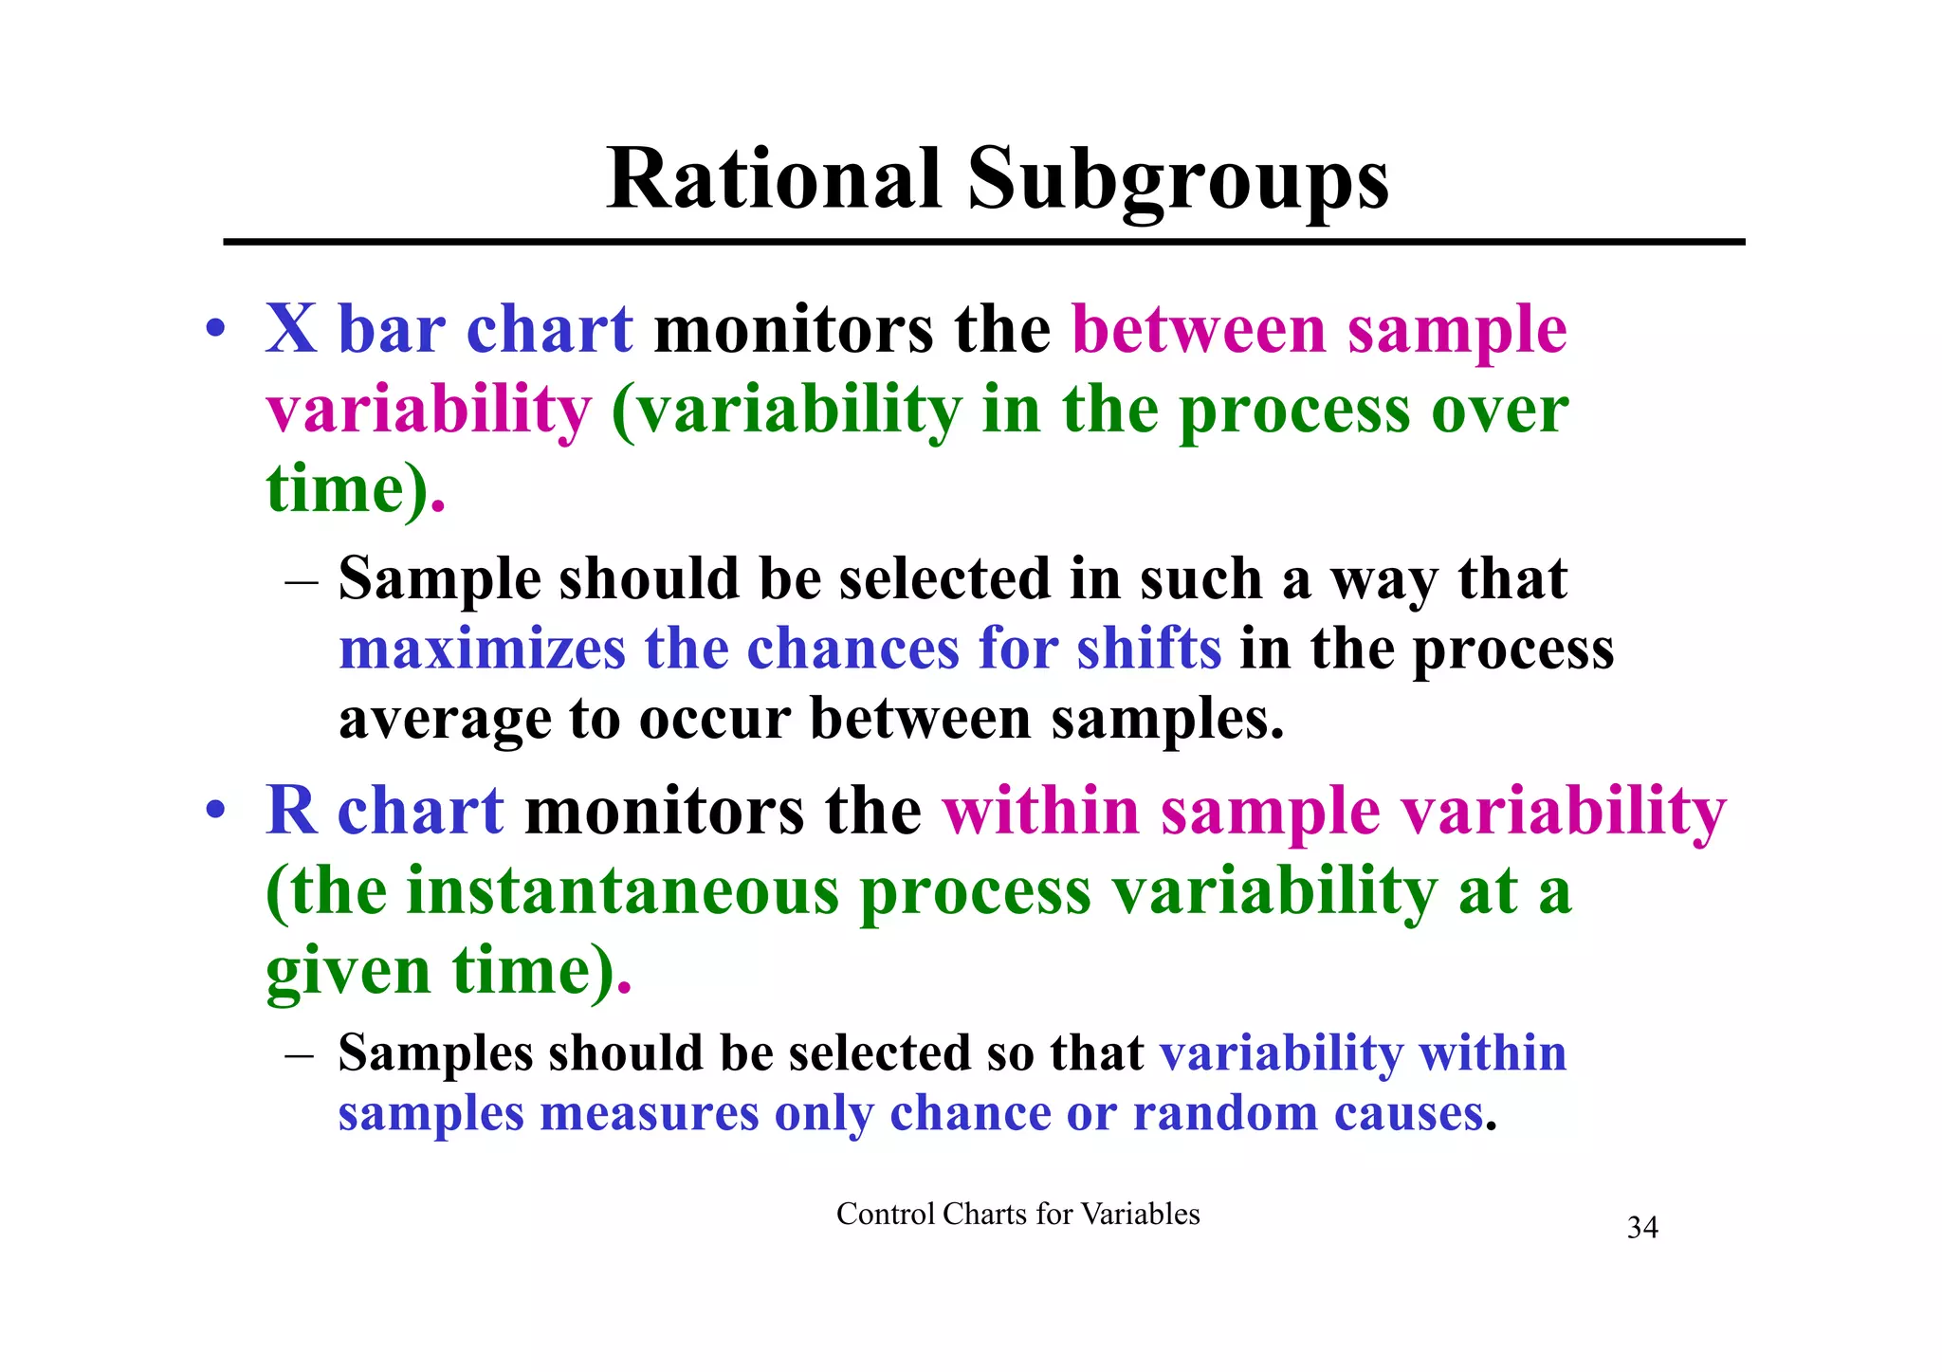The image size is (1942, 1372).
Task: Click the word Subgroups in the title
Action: tap(1178, 180)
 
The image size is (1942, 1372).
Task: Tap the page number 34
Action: tap(1642, 1228)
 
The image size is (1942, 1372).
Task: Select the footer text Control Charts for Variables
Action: tap(1017, 1214)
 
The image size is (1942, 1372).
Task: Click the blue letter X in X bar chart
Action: tap(291, 329)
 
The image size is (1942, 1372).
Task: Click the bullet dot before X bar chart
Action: tap(216, 331)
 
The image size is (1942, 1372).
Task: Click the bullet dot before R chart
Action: tap(216, 813)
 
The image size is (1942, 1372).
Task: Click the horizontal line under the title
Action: tap(983, 243)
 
